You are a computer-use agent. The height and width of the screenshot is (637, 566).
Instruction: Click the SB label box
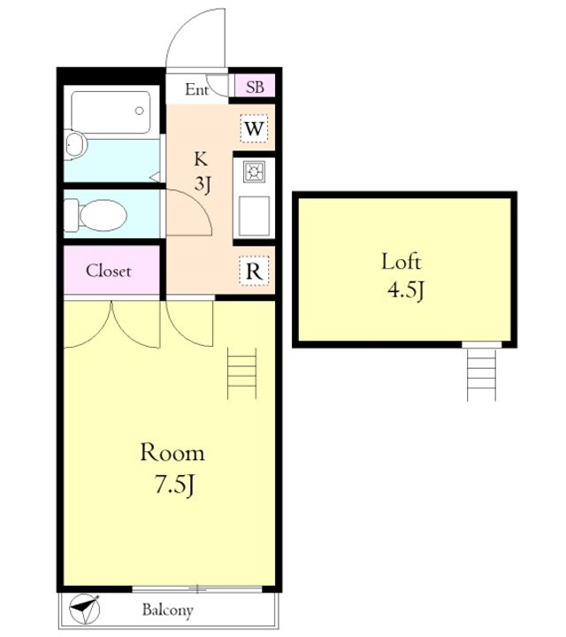[x=255, y=87]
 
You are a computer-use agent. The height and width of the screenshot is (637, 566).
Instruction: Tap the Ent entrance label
[x=197, y=89]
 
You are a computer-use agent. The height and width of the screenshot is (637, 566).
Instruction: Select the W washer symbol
[x=254, y=129]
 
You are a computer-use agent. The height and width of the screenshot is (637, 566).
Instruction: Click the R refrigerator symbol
[x=254, y=271]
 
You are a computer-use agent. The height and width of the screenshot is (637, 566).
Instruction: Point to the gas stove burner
[x=255, y=172]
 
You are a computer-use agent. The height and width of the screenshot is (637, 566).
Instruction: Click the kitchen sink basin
[x=254, y=216]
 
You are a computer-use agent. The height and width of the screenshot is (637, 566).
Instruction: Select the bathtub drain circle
[x=139, y=111]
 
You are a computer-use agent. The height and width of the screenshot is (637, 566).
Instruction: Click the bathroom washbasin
[x=75, y=144]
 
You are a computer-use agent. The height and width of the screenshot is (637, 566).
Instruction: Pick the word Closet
[x=109, y=271]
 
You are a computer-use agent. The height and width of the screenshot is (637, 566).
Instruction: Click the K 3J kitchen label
[x=202, y=172]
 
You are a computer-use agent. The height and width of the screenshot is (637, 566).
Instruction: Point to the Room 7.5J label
[x=172, y=468]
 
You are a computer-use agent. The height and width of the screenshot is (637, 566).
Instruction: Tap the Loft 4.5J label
[x=402, y=275]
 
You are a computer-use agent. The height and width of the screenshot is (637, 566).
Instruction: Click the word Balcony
[x=168, y=610]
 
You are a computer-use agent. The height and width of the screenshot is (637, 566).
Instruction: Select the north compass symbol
[x=84, y=608]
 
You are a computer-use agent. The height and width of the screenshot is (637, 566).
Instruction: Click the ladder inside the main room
[x=242, y=372]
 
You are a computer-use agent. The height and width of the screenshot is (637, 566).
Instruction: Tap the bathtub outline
[x=111, y=111]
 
